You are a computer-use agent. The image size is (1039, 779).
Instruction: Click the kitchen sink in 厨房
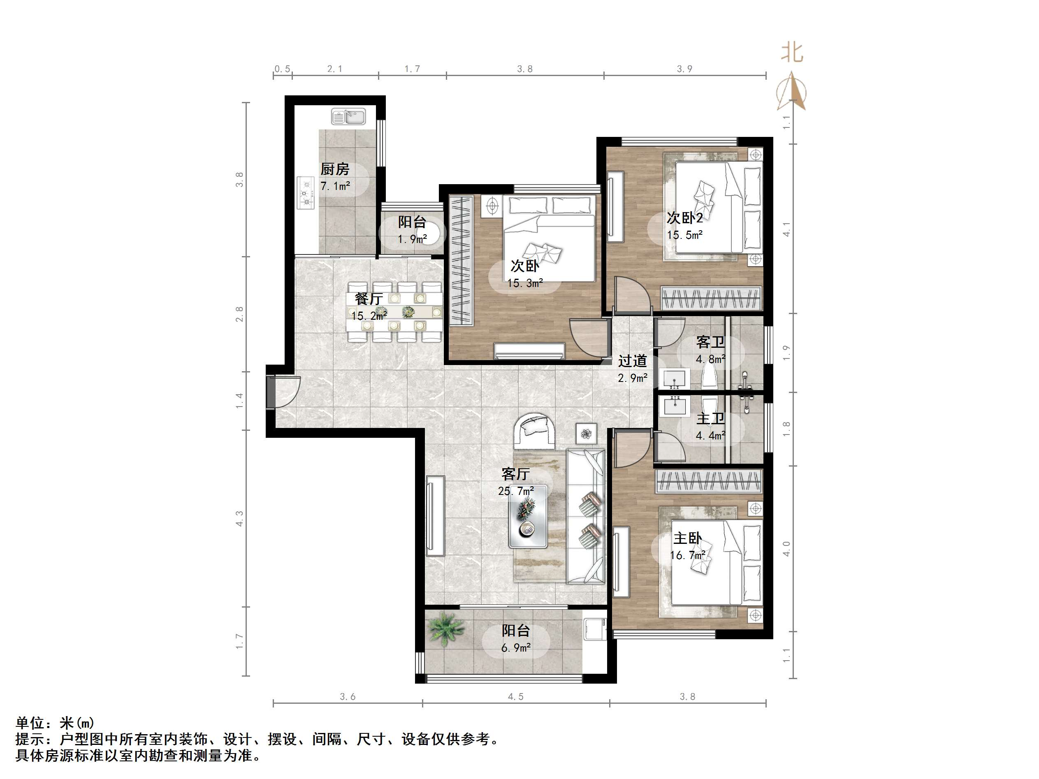(x=348, y=116)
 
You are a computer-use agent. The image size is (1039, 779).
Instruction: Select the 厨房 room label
(x=334, y=169)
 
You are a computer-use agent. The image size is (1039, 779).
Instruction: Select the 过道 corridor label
(x=632, y=361)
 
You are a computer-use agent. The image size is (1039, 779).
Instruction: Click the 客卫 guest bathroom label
(x=710, y=342)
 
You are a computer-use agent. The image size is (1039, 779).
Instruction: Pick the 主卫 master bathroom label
(x=710, y=418)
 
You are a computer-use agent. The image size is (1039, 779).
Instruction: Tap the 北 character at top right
(x=792, y=53)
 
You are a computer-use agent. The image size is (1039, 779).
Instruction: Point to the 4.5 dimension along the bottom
(x=515, y=697)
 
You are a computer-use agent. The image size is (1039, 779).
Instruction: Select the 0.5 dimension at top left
(x=282, y=69)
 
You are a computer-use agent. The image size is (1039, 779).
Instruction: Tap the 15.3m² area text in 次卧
(x=525, y=283)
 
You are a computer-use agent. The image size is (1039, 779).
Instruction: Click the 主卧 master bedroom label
(x=687, y=538)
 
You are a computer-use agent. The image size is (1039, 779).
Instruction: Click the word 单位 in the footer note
(x=30, y=723)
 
